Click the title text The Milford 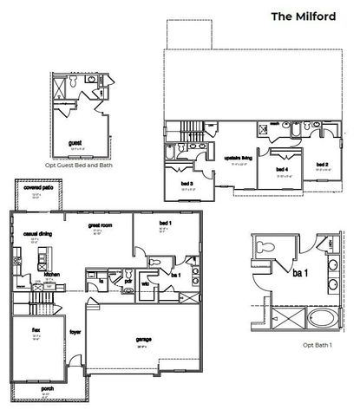tap(304, 16)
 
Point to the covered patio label tap(38, 187)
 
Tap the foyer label tap(76, 330)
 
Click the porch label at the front tap(47, 388)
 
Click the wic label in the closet tap(147, 283)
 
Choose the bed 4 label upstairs tap(281, 169)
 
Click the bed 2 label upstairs tap(322, 165)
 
